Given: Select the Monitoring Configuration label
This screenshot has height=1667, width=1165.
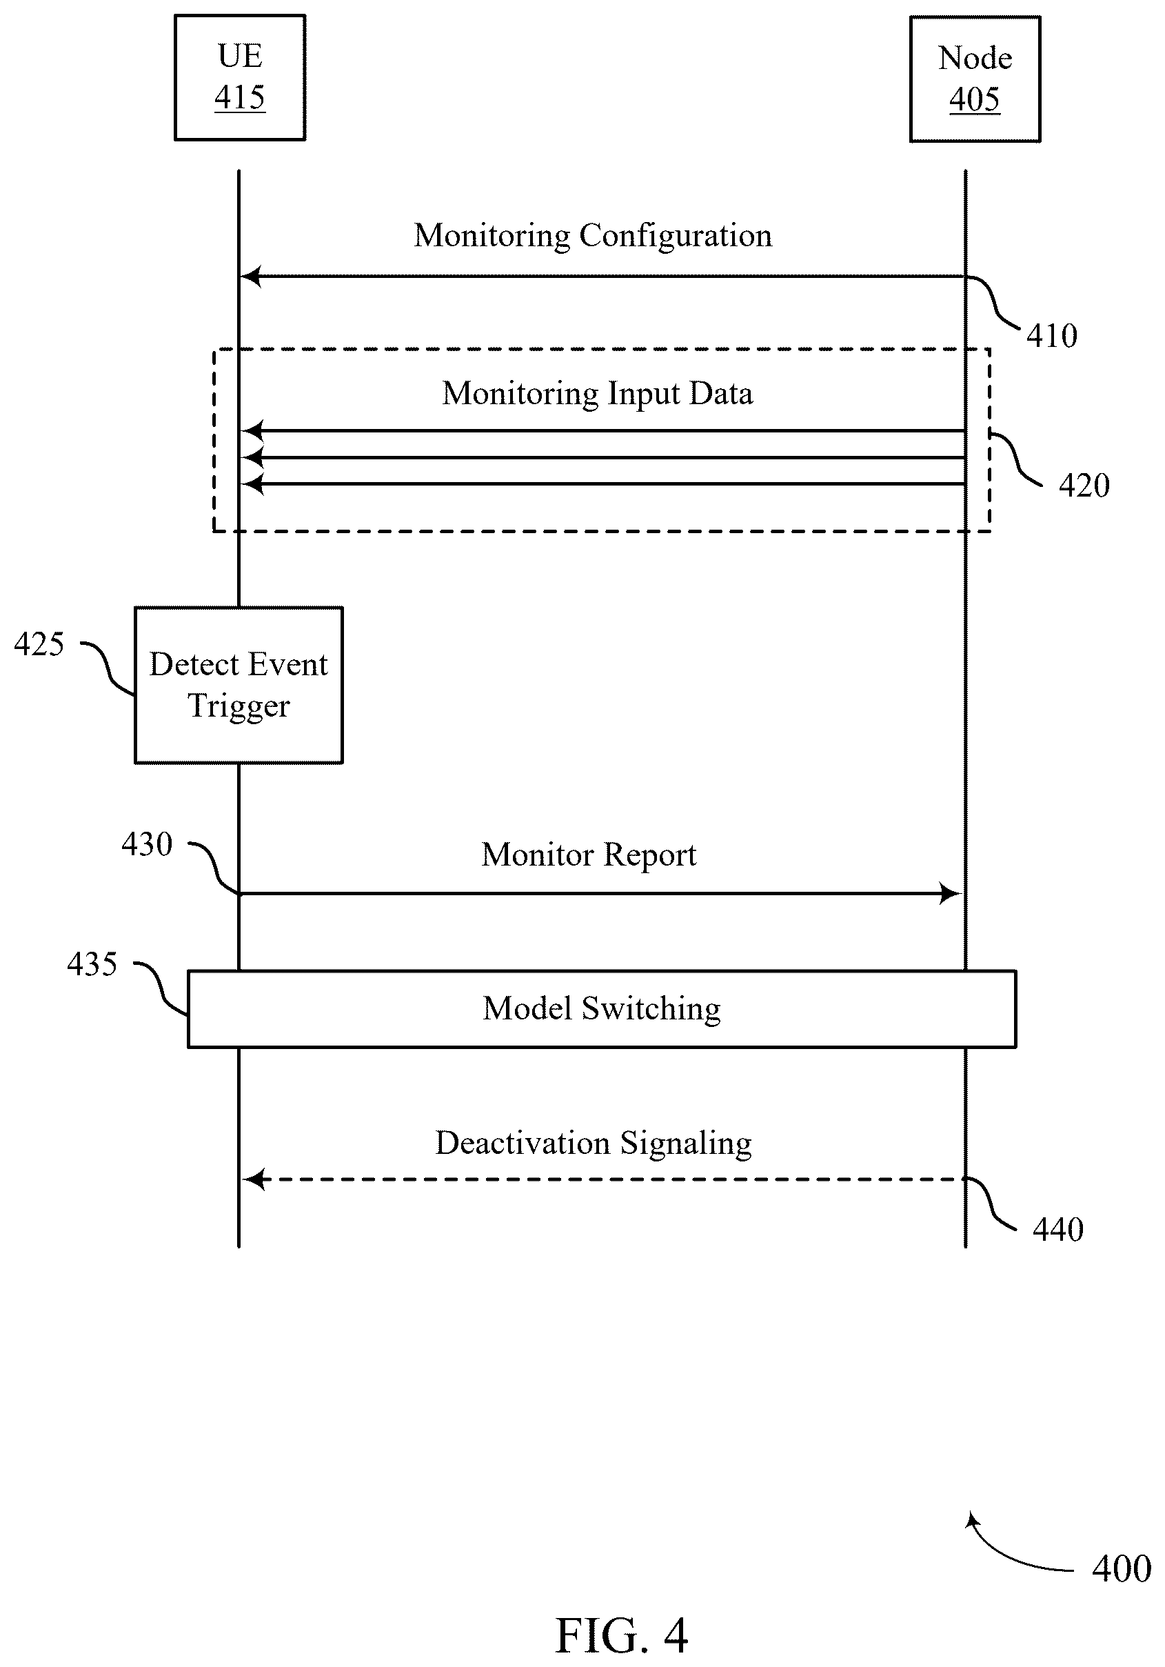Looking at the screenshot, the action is (x=593, y=236).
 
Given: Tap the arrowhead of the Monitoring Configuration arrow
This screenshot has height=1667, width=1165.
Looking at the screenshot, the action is (x=249, y=276).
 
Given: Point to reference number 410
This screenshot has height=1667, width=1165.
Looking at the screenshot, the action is (x=1052, y=336).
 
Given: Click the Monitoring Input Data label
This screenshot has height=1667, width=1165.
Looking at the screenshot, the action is (x=598, y=395).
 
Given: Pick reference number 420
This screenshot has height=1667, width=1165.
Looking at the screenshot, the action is (x=1084, y=486).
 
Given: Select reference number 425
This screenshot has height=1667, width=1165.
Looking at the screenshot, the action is (x=39, y=644).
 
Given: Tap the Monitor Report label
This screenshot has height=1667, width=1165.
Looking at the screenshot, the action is (x=589, y=855).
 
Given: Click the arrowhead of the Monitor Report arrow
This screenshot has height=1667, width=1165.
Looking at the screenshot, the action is (x=951, y=893).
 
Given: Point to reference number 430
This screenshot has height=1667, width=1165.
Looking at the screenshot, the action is (x=147, y=844).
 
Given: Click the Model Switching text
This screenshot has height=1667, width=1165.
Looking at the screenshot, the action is (x=602, y=1008).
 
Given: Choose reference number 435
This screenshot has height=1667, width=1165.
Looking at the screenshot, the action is (x=92, y=964).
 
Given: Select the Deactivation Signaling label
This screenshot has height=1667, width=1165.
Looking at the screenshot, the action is (x=593, y=1144).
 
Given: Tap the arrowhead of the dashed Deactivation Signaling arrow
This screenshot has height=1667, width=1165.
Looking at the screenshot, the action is (x=250, y=1180).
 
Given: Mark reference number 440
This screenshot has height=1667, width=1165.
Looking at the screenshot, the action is (x=1057, y=1230).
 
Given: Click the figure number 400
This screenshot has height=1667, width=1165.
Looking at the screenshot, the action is (x=1122, y=1568).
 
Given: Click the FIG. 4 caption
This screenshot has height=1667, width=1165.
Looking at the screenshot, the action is (x=621, y=1636).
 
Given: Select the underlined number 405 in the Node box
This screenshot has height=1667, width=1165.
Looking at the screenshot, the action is (x=975, y=99).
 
